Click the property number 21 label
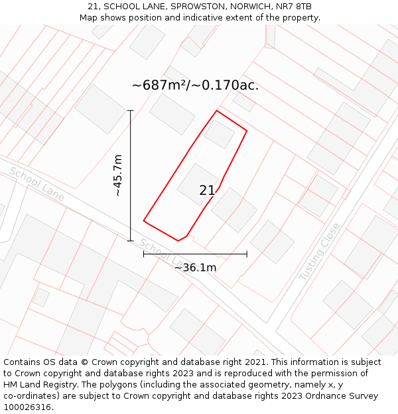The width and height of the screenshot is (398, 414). coord(207,191)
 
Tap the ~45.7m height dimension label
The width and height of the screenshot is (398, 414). coord(118,176)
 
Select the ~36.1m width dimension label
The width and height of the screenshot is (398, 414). coord(195,268)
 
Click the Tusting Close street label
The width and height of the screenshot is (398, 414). coord(319,251)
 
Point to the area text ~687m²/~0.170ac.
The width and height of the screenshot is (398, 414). coord(195,85)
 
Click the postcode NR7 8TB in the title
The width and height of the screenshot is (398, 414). coord(294,7)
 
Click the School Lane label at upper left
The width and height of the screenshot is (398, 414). coord(36,183)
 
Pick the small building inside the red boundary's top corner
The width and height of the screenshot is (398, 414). coord(219,134)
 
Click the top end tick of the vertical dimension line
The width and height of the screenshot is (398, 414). coord(131,111)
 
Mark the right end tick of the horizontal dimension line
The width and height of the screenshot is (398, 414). coord(247,254)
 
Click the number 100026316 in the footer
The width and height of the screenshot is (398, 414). coord(28,407)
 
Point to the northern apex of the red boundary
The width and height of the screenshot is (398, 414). coord(216,111)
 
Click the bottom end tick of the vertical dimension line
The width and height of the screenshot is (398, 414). coord(131,240)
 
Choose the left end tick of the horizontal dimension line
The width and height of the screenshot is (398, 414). coord(144,254)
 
